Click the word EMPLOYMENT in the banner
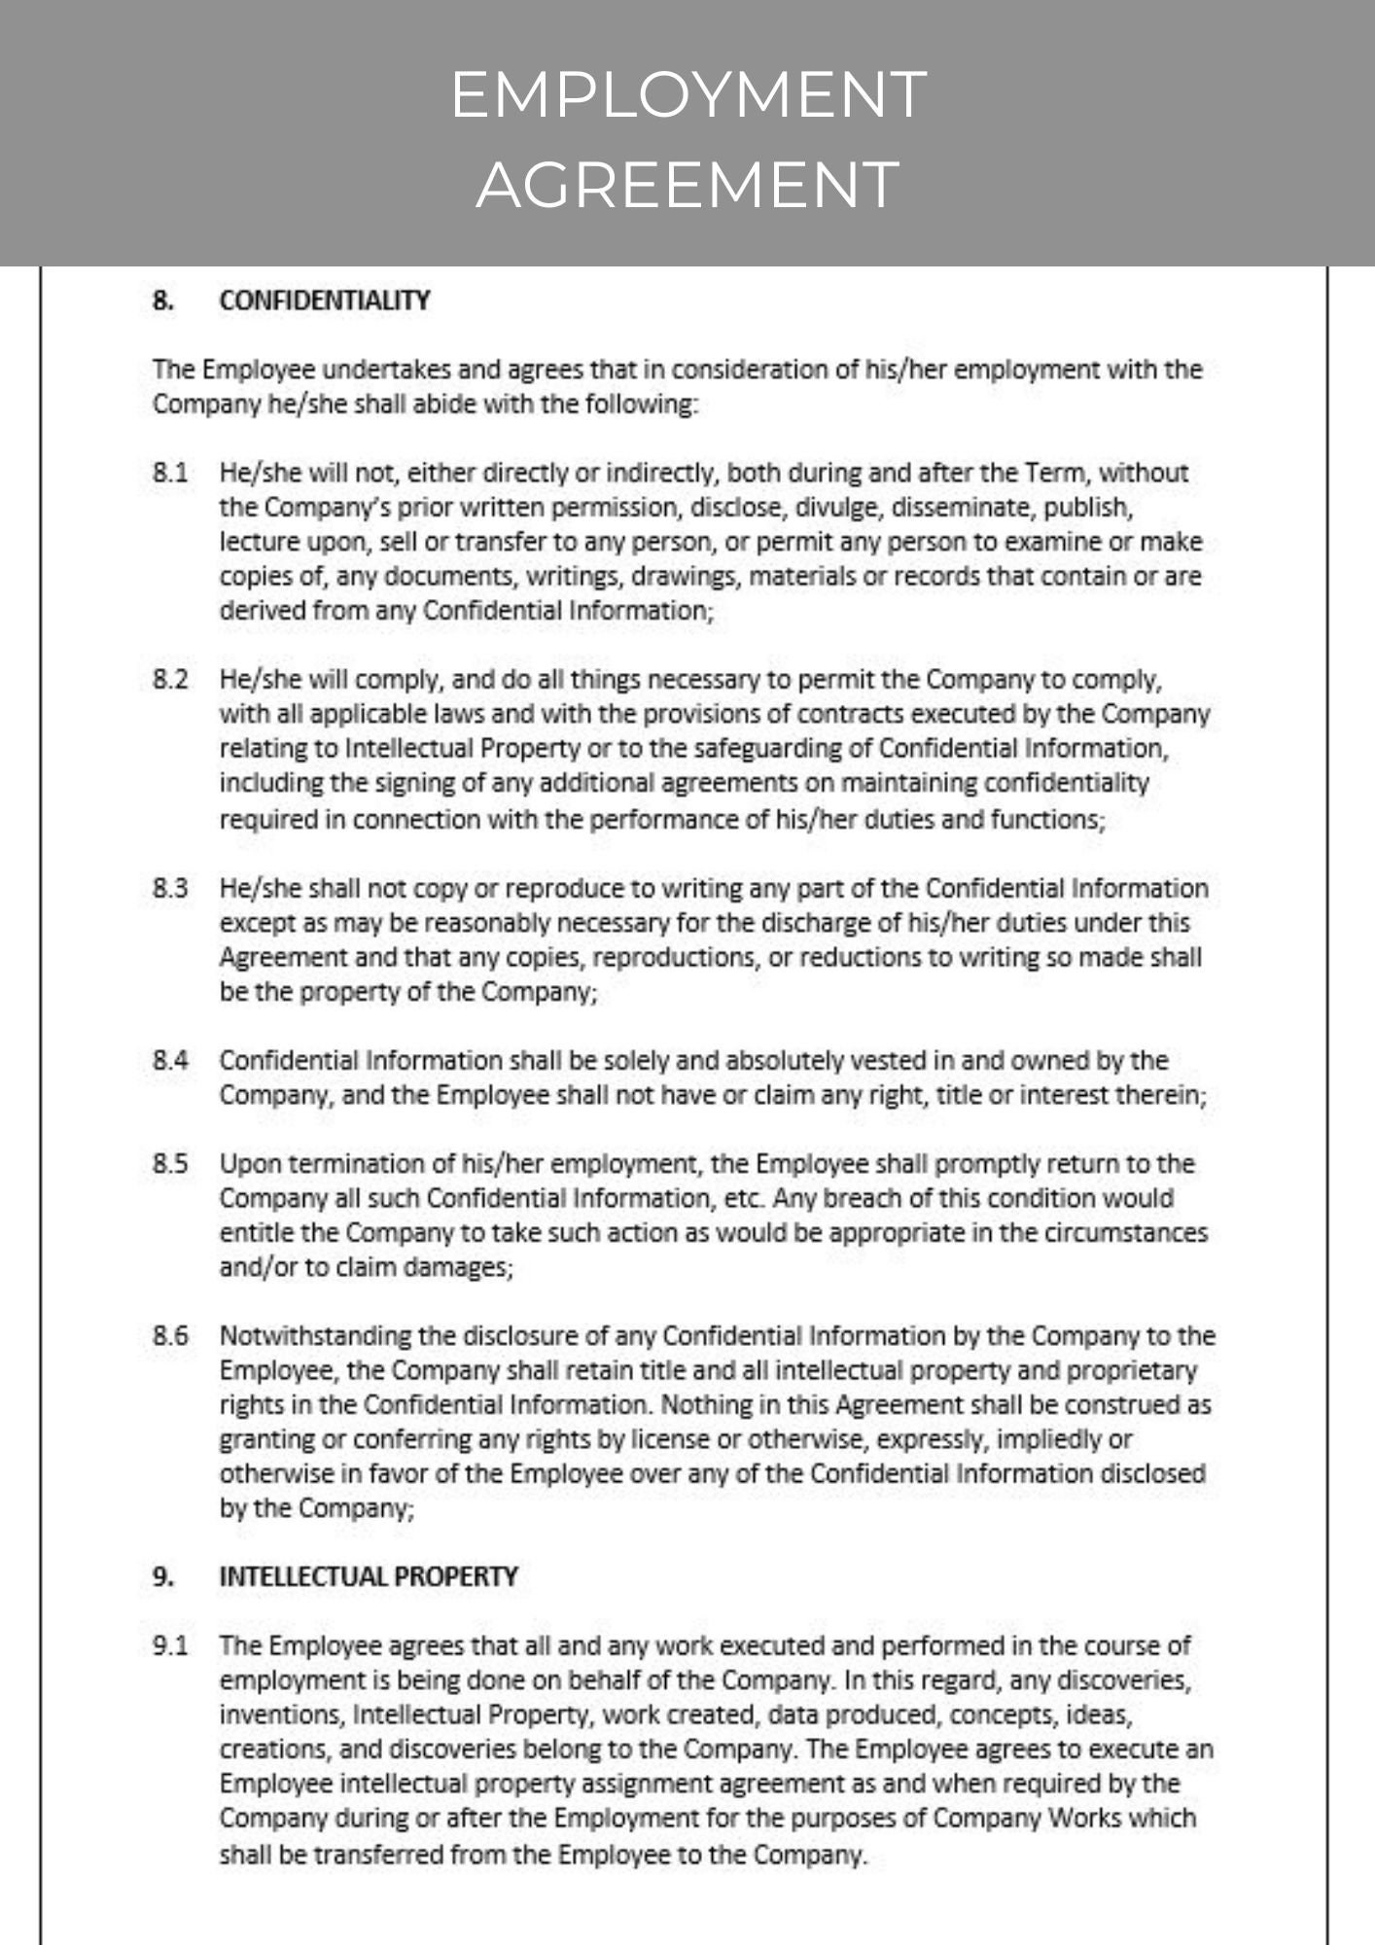click(687, 95)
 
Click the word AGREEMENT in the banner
click(687, 184)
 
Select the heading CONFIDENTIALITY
click(325, 301)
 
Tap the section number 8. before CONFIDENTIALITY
click(163, 301)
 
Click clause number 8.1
click(169, 474)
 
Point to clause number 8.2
click(169, 679)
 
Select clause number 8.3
click(169, 888)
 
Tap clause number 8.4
click(169, 1060)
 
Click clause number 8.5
click(169, 1164)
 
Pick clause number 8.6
click(169, 1336)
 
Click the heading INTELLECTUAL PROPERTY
click(369, 1576)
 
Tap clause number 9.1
click(169, 1646)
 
